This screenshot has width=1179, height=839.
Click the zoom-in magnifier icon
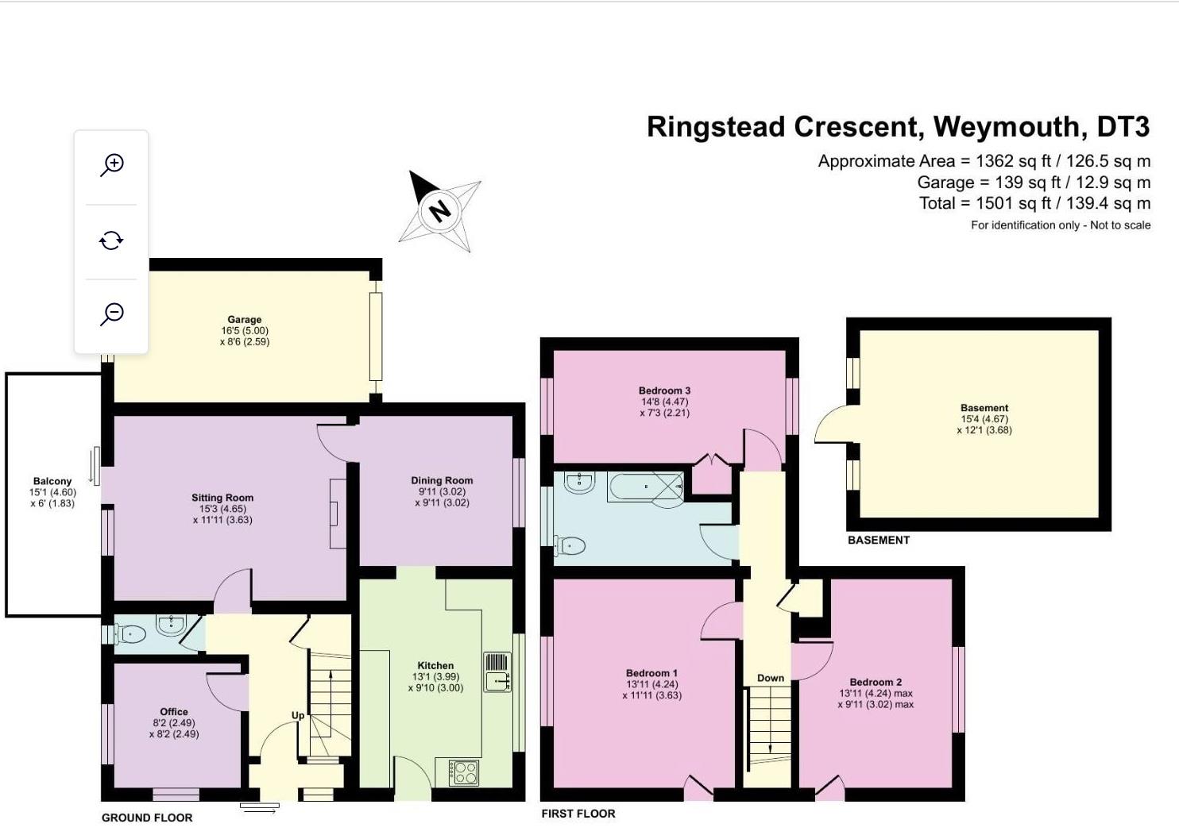pyautogui.click(x=112, y=165)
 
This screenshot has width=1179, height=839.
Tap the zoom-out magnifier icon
pyautogui.click(x=112, y=314)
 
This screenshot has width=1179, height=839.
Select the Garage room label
pyautogui.click(x=244, y=320)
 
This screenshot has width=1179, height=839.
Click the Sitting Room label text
pyautogui.click(x=222, y=498)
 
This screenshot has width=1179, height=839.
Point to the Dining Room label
pyautogui.click(x=442, y=480)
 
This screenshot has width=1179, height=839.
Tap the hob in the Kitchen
pyautogui.click(x=464, y=772)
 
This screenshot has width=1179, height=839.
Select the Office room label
pyautogui.click(x=174, y=712)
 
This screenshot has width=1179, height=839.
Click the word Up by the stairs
pyautogui.click(x=298, y=715)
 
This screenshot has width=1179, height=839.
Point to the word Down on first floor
pyautogui.click(x=771, y=678)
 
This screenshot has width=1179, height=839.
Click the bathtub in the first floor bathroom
pyautogui.click(x=645, y=486)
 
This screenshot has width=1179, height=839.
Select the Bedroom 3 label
pyautogui.click(x=664, y=391)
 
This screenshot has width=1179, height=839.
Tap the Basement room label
pyautogui.click(x=984, y=408)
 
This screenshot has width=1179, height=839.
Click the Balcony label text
pyautogui.click(x=52, y=481)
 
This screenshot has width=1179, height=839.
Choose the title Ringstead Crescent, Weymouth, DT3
pyautogui.click(x=898, y=127)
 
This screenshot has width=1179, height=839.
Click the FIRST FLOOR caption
pyautogui.click(x=578, y=814)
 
